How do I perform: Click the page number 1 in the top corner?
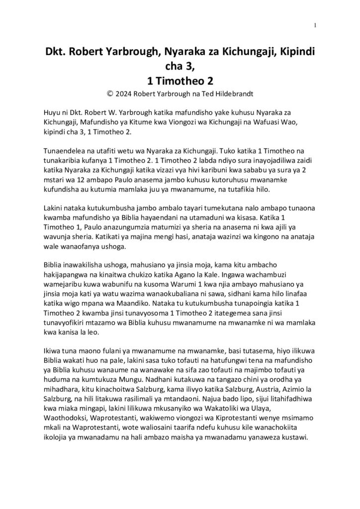(316, 25)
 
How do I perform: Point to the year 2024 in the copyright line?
(124, 92)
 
